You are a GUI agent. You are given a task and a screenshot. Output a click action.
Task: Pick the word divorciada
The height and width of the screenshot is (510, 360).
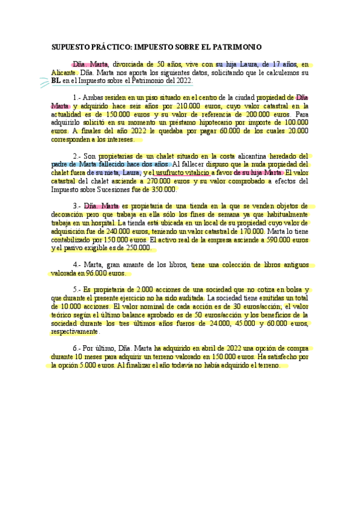(132, 63)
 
